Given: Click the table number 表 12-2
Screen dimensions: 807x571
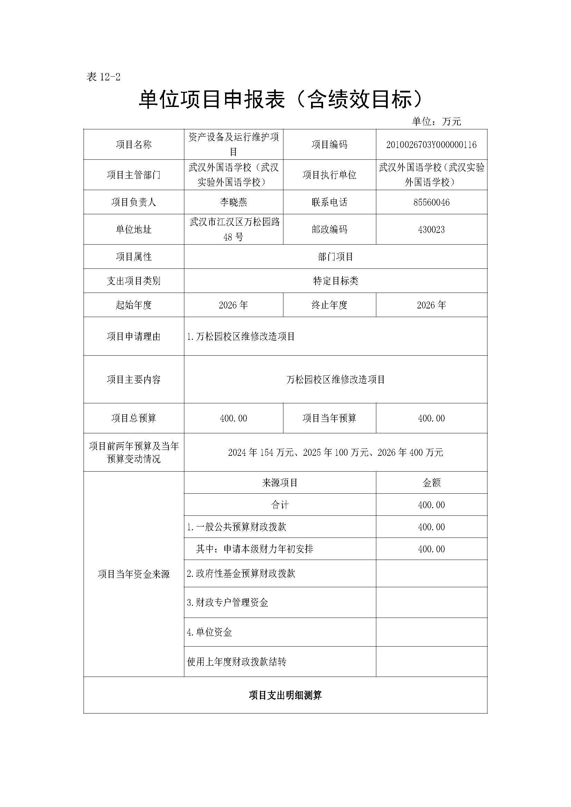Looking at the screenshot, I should pyautogui.click(x=103, y=77).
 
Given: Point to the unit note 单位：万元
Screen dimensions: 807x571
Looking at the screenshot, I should pyautogui.click(x=436, y=121).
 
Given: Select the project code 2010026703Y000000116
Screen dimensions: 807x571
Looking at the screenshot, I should pyautogui.click(x=431, y=145).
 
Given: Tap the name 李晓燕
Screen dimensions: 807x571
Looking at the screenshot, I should pyautogui.click(x=233, y=202).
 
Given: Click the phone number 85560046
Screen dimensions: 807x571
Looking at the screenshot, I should pyautogui.click(x=431, y=202).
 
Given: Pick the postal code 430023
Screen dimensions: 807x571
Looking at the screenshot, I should pyautogui.click(x=431, y=229).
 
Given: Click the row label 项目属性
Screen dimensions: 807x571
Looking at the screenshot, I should pyautogui.click(x=134, y=257).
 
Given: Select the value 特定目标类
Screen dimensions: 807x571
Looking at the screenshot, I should pyautogui.click(x=336, y=281).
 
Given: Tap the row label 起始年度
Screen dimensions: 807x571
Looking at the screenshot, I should pyautogui.click(x=134, y=305).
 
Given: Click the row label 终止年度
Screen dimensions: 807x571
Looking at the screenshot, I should pyautogui.click(x=329, y=305).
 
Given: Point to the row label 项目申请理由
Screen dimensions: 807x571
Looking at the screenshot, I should pyautogui.click(x=134, y=336).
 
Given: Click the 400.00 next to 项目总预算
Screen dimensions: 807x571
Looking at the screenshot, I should pyautogui.click(x=233, y=418).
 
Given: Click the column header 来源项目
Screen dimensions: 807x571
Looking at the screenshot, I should pyautogui.click(x=280, y=483).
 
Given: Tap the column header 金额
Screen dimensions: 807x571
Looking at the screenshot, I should pyautogui.click(x=431, y=483).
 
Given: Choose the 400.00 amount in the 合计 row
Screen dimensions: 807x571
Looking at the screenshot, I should pyautogui.click(x=431, y=505).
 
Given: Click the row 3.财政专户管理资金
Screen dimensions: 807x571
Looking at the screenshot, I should pyautogui.click(x=228, y=603).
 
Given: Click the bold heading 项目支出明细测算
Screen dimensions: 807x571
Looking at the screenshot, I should pyautogui.click(x=285, y=695).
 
